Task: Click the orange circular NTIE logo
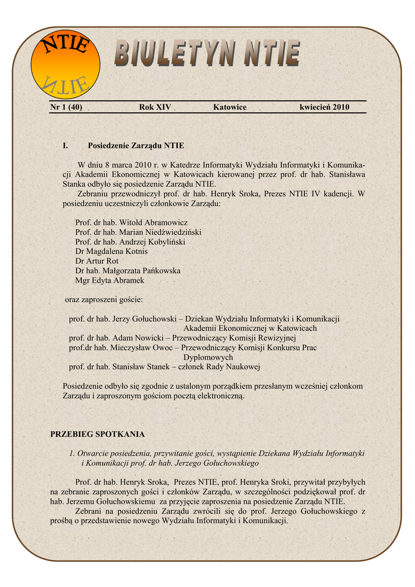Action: pyautogui.click(x=65, y=64)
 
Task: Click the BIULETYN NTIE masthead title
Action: pyautogui.click(x=206, y=54)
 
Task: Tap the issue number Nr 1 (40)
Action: pyautogui.click(x=66, y=107)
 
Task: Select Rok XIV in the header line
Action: pyautogui.click(x=155, y=107)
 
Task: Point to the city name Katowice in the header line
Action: pyautogui.click(x=230, y=107)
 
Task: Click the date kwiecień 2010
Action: pyautogui.click(x=324, y=107)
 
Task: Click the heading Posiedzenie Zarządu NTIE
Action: pyautogui.click(x=136, y=146)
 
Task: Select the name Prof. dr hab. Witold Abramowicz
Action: pyautogui.click(x=131, y=222)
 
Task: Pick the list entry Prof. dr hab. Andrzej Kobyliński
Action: pyautogui.click(x=130, y=242)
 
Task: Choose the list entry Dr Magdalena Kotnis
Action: pyautogui.click(x=111, y=252)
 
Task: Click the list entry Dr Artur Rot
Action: pyautogui.click(x=97, y=261)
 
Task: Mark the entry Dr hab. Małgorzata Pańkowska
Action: pyautogui.click(x=128, y=271)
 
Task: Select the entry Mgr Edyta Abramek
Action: pyautogui.click(x=109, y=280)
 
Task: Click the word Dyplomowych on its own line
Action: pyautogui.click(x=208, y=357)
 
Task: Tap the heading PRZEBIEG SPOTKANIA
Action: pyautogui.click(x=98, y=434)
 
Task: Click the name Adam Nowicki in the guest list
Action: pyautogui.click(x=135, y=338)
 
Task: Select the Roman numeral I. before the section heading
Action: pyautogui.click(x=65, y=146)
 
